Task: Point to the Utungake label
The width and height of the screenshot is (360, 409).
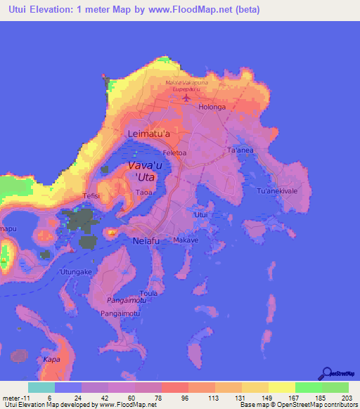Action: click(77, 271)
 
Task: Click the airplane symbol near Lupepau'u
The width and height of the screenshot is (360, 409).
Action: click(186, 97)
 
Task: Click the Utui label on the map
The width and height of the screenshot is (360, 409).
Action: click(201, 214)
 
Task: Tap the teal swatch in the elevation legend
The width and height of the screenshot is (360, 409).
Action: click(40, 387)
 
